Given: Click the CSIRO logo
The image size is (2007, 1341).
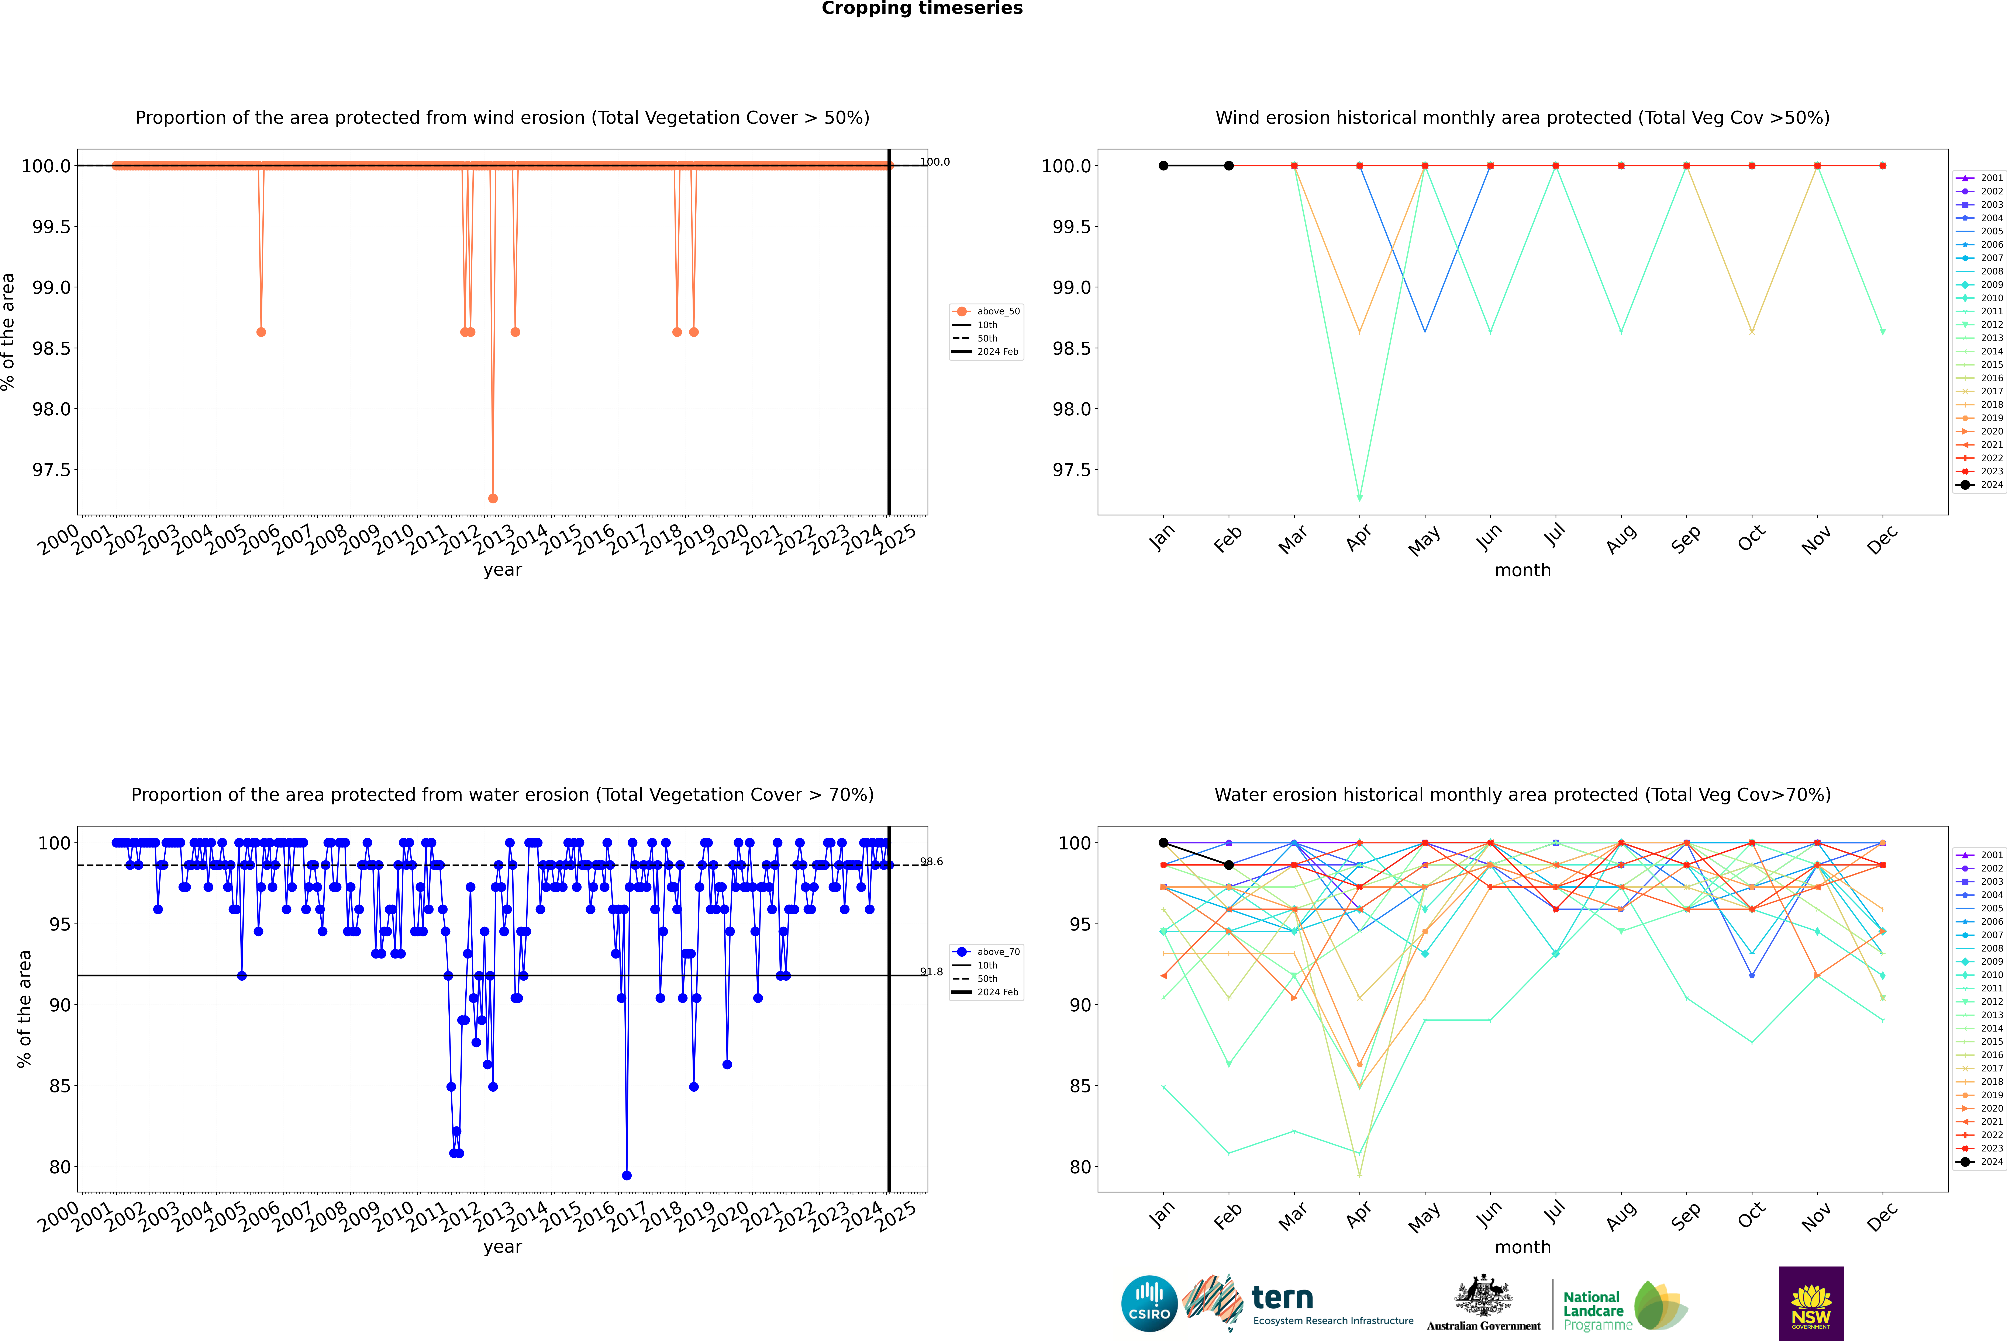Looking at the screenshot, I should click(x=1149, y=1303).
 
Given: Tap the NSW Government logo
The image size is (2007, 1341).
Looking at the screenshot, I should click(x=1811, y=1303).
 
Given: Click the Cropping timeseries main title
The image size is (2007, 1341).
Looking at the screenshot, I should click(x=921, y=8).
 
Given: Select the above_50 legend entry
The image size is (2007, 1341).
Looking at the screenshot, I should click(x=997, y=311).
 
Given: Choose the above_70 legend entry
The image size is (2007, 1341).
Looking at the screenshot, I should click(x=997, y=952).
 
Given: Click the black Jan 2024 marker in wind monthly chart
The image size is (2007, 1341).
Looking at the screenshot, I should click(x=1163, y=166).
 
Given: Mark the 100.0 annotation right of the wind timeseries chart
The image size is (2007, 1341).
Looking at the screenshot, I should click(x=935, y=162).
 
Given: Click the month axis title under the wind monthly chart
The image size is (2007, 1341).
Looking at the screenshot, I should click(x=1522, y=571).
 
